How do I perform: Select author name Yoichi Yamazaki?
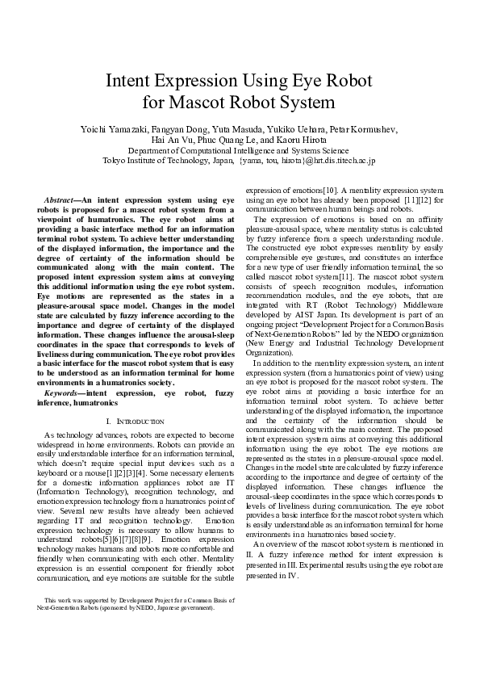click(x=112, y=129)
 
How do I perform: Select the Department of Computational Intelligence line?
click(x=239, y=150)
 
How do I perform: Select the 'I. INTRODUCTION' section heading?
click(x=135, y=422)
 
